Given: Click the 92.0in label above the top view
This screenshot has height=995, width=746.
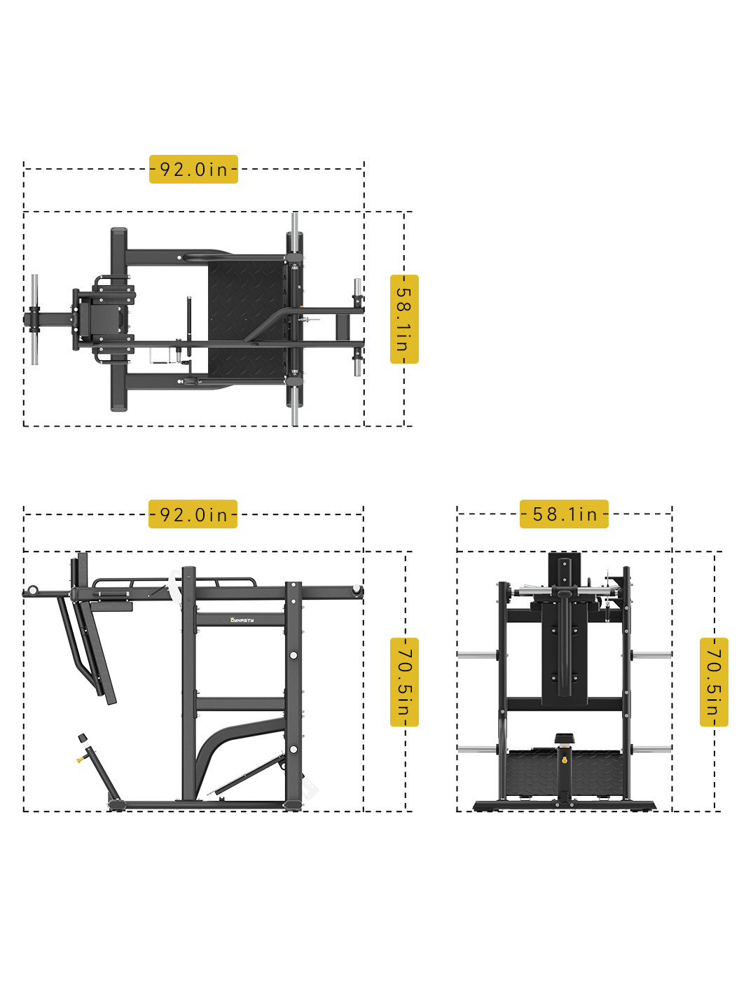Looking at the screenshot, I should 193,170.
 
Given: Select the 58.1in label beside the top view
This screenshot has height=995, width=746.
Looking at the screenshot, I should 403,320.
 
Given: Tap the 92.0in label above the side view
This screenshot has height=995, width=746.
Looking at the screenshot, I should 193,514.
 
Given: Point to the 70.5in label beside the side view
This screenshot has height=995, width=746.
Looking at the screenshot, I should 404,682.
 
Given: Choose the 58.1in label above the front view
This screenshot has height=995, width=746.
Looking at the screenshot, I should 564,514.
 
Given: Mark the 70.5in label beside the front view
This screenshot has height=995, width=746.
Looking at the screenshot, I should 714,682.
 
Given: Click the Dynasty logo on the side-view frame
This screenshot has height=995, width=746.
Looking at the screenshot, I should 242,619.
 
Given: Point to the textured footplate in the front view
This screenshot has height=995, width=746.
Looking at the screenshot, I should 532,774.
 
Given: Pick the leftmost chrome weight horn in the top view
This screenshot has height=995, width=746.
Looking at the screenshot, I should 34,319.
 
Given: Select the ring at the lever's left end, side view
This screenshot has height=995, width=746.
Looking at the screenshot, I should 32,591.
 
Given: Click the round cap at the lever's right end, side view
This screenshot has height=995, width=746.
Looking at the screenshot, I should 357,591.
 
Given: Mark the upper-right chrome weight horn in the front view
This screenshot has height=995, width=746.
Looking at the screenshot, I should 651,655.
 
